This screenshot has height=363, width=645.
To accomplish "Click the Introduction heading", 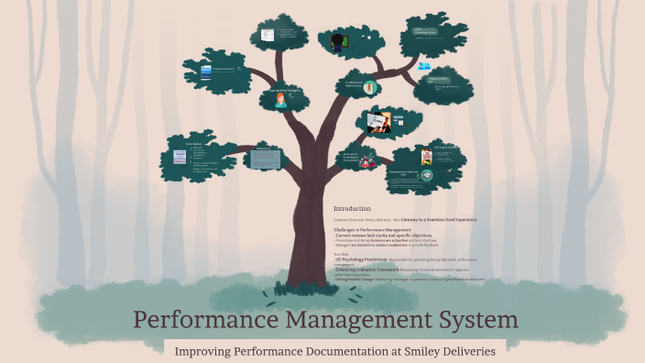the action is click(x=353, y=208).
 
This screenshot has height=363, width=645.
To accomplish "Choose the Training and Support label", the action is click(x=224, y=69).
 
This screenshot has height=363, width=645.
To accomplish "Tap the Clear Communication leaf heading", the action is click(x=424, y=30).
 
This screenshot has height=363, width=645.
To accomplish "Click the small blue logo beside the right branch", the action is click(x=424, y=66).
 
